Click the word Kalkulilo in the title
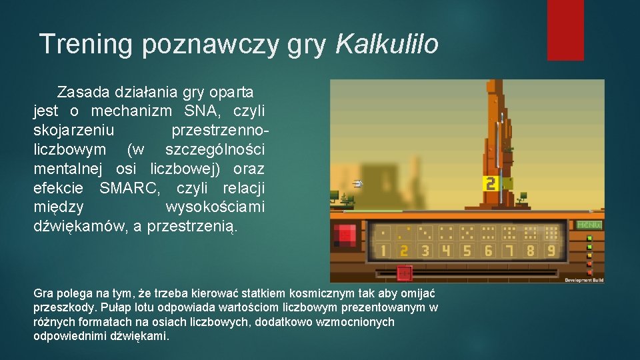tap(387, 45)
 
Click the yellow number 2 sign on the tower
tap(491, 183)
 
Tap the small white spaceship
tap(357, 183)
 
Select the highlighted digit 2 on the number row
tap(403, 251)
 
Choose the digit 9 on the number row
tap(551, 251)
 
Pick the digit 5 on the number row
tap(467, 251)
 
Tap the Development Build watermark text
tap(584, 280)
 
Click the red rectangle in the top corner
tap(565, 30)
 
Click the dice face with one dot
tap(382, 233)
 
